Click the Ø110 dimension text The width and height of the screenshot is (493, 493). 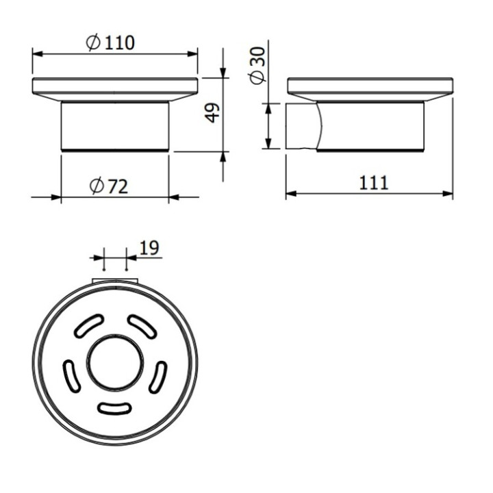pyautogui.click(x=111, y=42)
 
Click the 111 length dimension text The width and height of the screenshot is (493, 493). pyautogui.click(x=373, y=183)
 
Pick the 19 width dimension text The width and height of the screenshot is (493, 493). pyautogui.click(x=149, y=247)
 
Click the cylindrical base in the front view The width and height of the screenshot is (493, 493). pyautogui.click(x=114, y=126)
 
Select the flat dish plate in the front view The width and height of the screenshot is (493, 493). pyautogui.click(x=114, y=89)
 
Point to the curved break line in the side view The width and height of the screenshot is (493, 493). pyautogui.click(x=318, y=126)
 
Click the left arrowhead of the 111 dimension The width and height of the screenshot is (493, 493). pyautogui.click(x=290, y=194)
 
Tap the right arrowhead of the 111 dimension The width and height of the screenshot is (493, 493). pyautogui.click(x=448, y=194)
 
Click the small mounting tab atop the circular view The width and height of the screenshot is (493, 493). pyautogui.click(x=115, y=280)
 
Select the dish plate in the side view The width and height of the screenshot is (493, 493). pyautogui.click(x=370, y=89)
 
